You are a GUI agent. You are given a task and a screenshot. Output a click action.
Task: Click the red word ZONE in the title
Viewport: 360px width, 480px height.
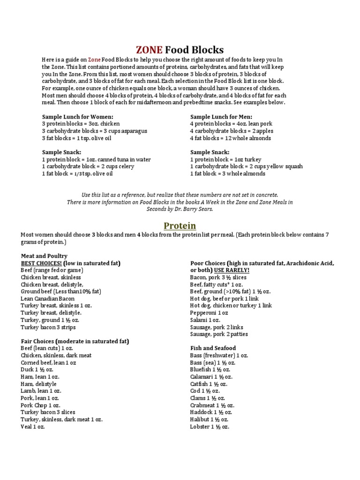(x=150, y=50)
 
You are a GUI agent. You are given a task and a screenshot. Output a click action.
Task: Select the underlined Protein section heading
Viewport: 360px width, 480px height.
(x=180, y=226)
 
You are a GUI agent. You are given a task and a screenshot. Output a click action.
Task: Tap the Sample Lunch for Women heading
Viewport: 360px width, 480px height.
(x=78, y=116)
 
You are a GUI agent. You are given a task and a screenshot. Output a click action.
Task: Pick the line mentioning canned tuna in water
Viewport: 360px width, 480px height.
(x=96, y=159)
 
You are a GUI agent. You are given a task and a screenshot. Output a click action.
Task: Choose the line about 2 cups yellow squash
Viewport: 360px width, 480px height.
(x=246, y=166)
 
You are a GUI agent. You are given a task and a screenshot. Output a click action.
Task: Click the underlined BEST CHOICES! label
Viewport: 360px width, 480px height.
(x=42, y=263)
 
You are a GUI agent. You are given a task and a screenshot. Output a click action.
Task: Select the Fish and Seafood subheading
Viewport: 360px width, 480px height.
(x=213, y=348)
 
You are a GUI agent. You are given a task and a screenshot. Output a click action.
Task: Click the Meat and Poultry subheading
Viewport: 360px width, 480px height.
(x=44, y=256)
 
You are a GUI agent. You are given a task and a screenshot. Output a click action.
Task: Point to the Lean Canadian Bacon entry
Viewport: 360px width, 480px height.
(x=47, y=299)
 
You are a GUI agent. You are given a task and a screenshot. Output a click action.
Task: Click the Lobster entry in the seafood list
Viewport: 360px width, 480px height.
(x=210, y=427)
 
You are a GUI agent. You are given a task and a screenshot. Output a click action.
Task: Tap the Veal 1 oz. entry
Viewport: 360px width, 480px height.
(x=33, y=427)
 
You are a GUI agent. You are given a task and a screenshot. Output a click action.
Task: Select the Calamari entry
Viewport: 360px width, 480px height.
(x=211, y=376)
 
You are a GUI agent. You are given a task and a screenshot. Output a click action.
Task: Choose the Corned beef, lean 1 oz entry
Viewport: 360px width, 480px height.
(x=48, y=363)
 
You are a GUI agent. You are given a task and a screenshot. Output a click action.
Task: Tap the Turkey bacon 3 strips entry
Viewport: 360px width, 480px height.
(x=48, y=327)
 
